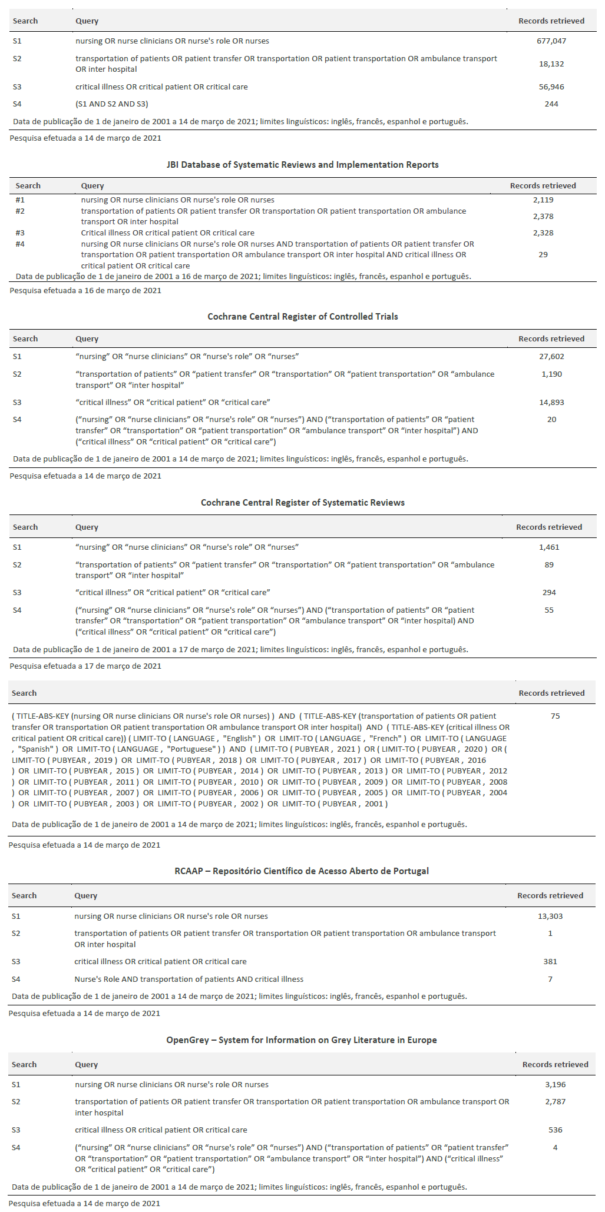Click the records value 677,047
(551, 41)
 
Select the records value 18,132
(551, 64)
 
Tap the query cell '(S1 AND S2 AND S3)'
(111, 104)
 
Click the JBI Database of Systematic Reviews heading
(302, 165)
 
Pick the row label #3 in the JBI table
(20, 233)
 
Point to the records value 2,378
(543, 217)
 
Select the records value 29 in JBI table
(543, 255)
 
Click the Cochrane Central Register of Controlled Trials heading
(302, 317)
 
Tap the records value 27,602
(551, 357)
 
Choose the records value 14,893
(551, 403)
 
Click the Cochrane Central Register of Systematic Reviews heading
(302, 503)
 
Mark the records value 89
(549, 565)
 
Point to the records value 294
(549, 593)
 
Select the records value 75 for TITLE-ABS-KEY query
(555, 716)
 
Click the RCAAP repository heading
(302, 871)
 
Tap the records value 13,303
(550, 917)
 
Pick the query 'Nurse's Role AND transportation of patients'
(189, 979)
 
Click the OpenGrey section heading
(302, 1040)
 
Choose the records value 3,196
(555, 1085)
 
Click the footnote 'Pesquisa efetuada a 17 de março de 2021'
(85, 666)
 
